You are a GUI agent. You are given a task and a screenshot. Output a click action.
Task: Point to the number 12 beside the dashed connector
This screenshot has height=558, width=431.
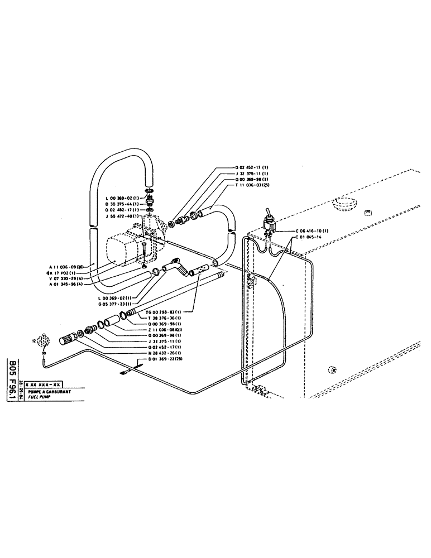(34, 339)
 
